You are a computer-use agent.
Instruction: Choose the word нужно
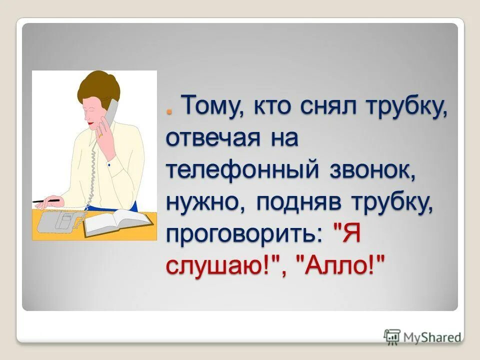click(x=205, y=202)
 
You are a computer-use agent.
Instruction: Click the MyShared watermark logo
click(x=423, y=336)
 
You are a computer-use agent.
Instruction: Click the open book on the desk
click(x=118, y=222)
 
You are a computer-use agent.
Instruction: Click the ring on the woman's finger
click(x=100, y=134)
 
